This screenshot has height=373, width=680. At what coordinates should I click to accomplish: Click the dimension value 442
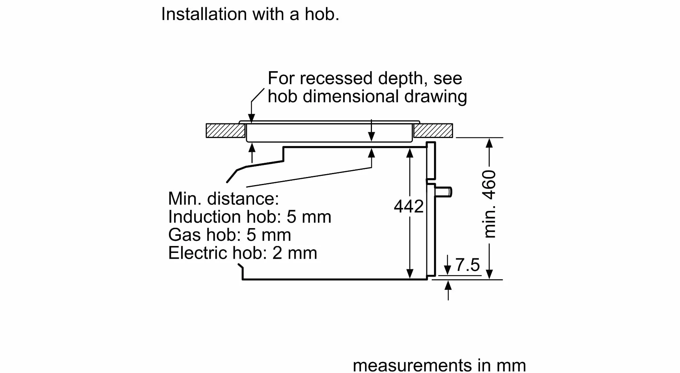point(408,207)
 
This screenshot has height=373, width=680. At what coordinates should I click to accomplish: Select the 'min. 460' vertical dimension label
point(489,204)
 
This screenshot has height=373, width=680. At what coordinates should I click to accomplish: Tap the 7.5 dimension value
point(468,265)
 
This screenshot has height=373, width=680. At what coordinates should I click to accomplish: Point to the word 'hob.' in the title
point(322,14)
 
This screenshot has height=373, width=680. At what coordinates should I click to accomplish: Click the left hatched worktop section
point(226,131)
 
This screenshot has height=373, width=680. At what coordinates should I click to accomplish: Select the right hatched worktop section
point(433,131)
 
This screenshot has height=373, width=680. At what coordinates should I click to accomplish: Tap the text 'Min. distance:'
point(223,199)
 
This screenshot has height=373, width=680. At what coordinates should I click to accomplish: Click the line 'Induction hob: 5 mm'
point(250,217)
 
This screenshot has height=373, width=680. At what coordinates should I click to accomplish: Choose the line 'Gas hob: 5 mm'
point(230,235)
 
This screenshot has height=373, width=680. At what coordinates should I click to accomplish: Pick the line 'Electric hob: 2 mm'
point(243,253)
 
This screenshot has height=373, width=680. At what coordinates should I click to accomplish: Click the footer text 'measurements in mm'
point(439,365)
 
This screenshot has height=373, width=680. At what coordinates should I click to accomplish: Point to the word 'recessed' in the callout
point(338,78)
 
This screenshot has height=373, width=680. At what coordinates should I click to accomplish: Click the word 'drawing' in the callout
point(435,97)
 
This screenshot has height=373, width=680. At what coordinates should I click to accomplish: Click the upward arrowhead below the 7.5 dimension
point(448,285)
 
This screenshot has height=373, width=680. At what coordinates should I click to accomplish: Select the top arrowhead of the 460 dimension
point(489,143)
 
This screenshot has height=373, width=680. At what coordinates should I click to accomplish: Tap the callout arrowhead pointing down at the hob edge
point(251,118)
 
